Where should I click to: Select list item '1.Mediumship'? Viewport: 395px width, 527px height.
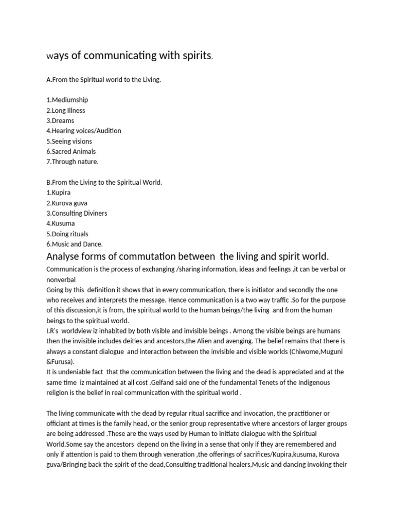[x=67, y=100]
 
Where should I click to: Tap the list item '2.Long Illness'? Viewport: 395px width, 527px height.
[x=66, y=110]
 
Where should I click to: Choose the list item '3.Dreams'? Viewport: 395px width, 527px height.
[x=60, y=120]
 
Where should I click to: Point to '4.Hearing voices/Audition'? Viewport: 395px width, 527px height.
[x=84, y=131]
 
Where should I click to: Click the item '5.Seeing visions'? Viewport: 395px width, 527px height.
[x=69, y=141]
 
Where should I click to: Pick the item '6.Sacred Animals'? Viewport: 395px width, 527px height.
[x=71, y=151]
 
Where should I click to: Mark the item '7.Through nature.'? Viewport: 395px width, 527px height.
[x=72, y=162]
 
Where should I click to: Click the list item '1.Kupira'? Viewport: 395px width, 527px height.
[x=58, y=192]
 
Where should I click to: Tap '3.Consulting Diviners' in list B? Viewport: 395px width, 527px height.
[x=77, y=213]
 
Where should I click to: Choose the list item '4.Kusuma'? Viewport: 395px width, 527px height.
[x=61, y=223]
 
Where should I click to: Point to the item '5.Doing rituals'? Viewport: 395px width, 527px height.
[x=67, y=234]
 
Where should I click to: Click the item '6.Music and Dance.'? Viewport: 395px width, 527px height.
[x=75, y=244]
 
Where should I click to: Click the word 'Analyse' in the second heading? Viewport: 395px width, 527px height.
[x=64, y=256]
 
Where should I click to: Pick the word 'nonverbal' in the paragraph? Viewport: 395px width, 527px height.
[x=61, y=279]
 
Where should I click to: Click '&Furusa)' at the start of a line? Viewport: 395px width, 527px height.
[x=60, y=361]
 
